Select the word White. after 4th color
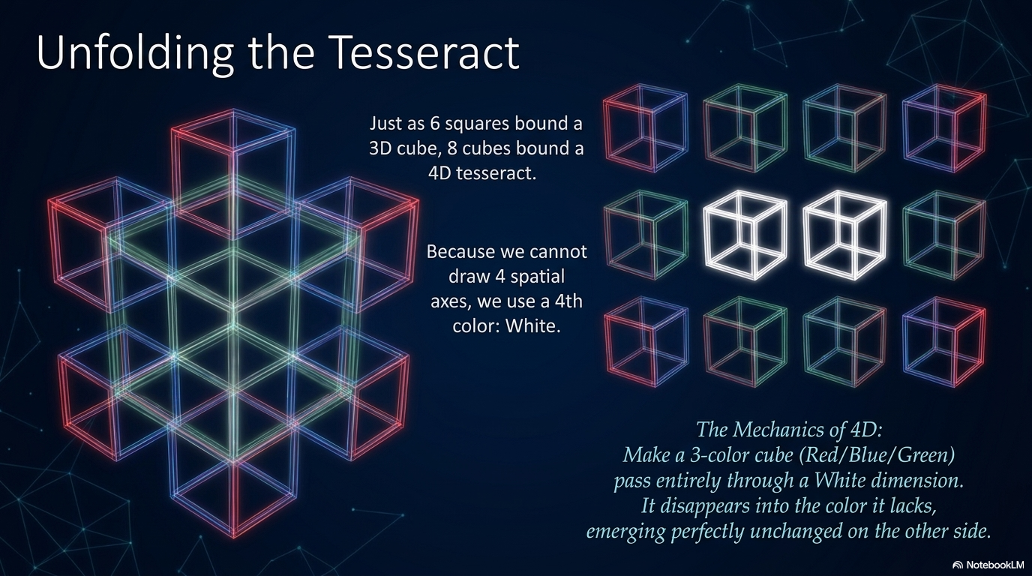pos(533,325)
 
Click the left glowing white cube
pos(745,235)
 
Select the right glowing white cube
pos(845,235)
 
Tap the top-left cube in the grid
pos(646,128)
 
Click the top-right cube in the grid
pos(944,128)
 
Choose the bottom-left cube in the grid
pos(646,341)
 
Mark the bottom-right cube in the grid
pos(944,341)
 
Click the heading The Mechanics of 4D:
pos(789,430)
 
